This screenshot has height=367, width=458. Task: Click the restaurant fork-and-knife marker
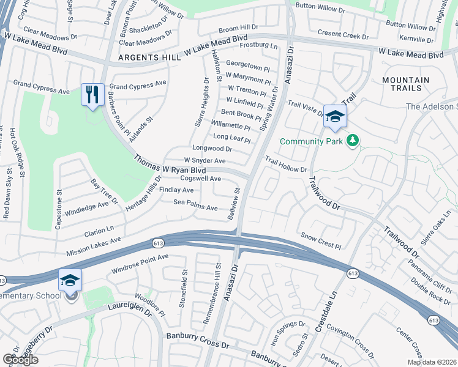pyautogui.click(x=92, y=95)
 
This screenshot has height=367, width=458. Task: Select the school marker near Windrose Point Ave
pyautogui.click(x=70, y=281)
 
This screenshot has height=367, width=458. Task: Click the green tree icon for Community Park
pyautogui.click(x=352, y=141)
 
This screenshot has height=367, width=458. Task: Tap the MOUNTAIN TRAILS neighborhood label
pyautogui.click(x=405, y=85)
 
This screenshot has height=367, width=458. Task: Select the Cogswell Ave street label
pyautogui.click(x=201, y=179)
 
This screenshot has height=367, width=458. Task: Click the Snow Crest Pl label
pyautogui.click(x=321, y=240)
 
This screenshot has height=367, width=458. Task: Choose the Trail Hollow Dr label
pyautogui.click(x=285, y=164)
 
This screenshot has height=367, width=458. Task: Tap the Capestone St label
pyautogui.click(x=59, y=209)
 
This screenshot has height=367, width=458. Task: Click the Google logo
pyautogui.click(x=20, y=360)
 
